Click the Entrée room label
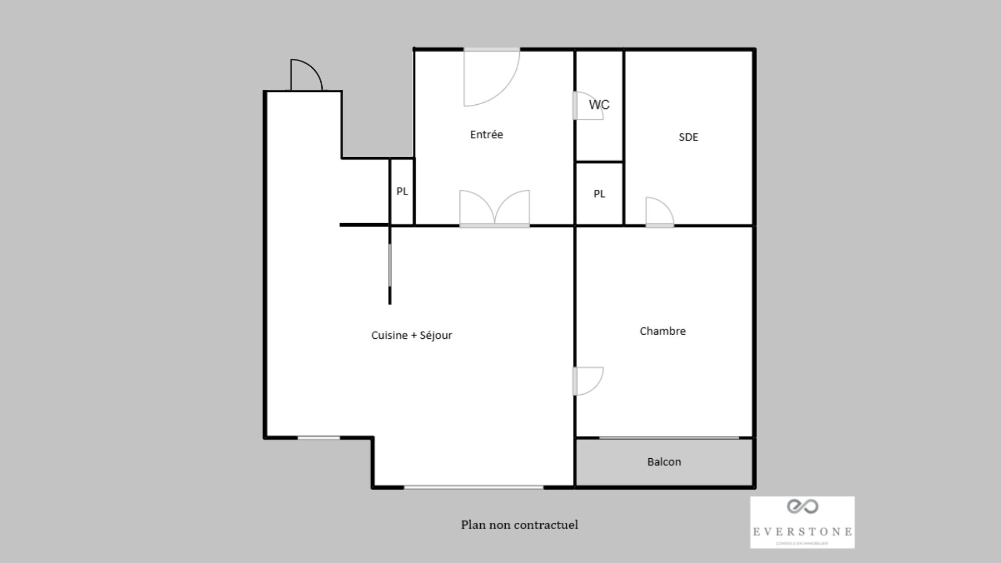tap(486, 134)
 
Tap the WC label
tap(599, 105)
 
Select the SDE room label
tap(688, 137)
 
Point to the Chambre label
tap(663, 331)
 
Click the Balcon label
tap(664, 462)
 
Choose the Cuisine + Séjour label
tap(411, 335)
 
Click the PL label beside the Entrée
tap(402, 191)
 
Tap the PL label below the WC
tap(600, 194)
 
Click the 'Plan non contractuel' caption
tap(519, 524)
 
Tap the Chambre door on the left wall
tap(588, 381)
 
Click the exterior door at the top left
tap(306, 76)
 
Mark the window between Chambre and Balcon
tap(669, 437)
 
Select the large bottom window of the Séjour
tap(473, 487)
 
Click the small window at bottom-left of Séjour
tap(319, 438)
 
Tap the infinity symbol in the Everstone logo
tap(802, 506)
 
